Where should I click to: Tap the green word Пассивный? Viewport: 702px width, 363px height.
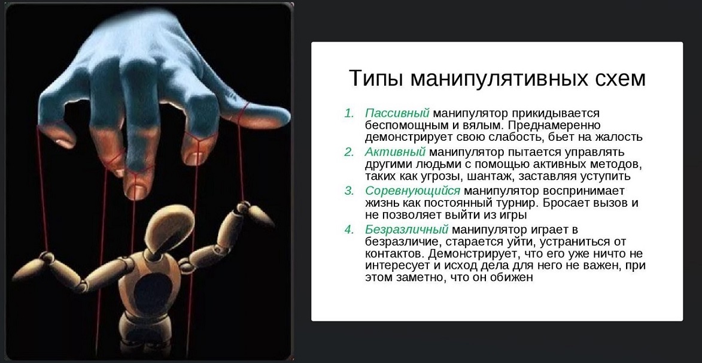click(397, 113)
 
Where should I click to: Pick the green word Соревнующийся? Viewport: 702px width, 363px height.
click(412, 191)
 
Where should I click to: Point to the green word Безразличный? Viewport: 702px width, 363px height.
click(406, 230)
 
